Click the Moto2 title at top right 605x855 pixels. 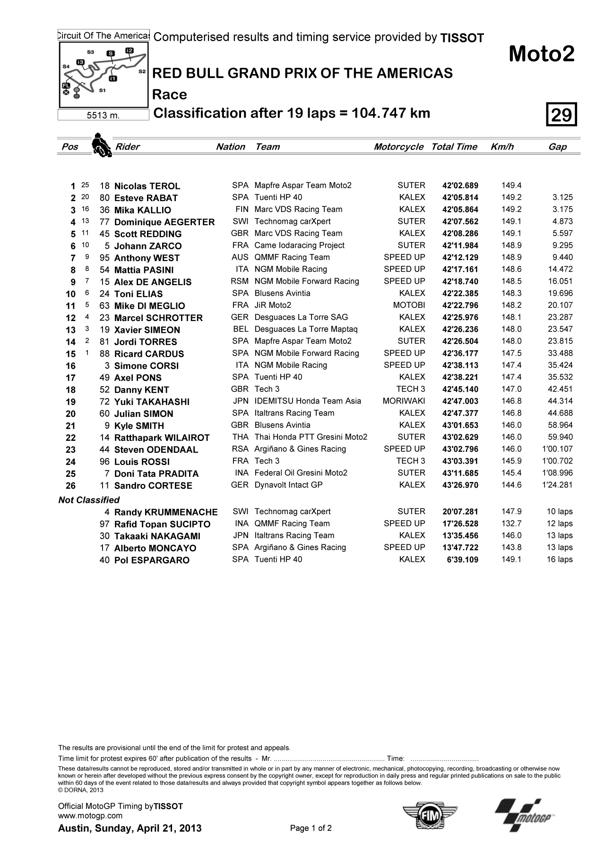tap(541, 55)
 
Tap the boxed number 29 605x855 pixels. tap(562, 115)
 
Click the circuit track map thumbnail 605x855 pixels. tap(103, 75)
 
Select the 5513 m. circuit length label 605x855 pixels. tap(103, 115)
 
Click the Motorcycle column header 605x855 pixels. tap(398, 147)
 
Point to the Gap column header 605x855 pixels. tap(557, 147)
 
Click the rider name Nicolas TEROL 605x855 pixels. tap(147, 186)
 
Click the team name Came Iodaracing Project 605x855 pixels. tap(299, 245)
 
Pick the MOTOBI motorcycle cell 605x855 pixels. tap(409, 305)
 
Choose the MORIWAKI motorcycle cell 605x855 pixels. tap(404, 401)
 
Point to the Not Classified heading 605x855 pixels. tap(89, 500)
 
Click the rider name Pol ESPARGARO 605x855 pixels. tap(152, 560)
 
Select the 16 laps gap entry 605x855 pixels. tap(559, 559)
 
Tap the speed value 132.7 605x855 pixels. tap(511, 524)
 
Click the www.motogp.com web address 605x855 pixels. tap(90, 815)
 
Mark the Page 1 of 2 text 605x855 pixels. tap(311, 828)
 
